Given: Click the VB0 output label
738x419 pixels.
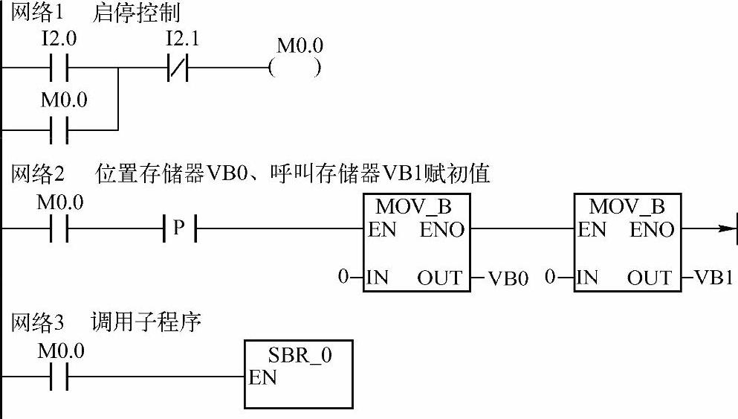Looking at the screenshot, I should (508, 279).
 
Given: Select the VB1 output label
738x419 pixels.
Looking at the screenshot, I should (714, 278).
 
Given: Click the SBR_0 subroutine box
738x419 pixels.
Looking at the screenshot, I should (299, 374).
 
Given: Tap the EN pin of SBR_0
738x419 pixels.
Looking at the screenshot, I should (263, 378).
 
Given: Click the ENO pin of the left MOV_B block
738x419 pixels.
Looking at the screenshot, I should (442, 230).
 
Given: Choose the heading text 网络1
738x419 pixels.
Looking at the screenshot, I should (37, 13).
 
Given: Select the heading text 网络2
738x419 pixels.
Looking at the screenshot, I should (37, 176).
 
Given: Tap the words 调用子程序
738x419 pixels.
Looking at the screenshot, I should (146, 324).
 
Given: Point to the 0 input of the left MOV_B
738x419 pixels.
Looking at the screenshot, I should (343, 278).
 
